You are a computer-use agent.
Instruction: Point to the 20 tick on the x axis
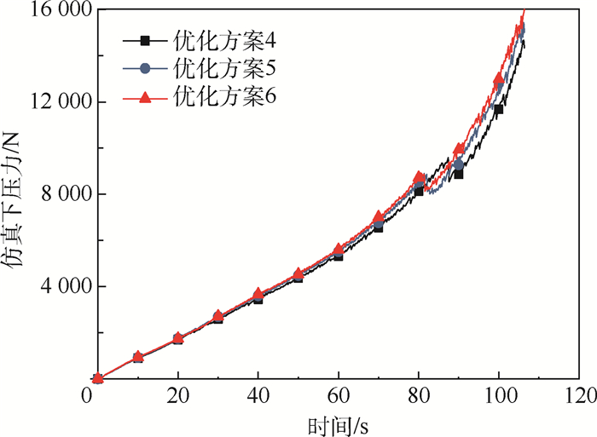[177, 398]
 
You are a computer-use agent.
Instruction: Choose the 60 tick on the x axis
[339, 398]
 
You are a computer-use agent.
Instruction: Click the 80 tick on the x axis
[419, 398]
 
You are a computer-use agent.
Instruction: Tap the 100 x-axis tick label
[499, 398]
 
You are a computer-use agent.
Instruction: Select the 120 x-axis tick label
[579, 398]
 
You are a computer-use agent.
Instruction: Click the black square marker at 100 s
[499, 109]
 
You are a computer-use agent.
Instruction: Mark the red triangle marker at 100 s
[499, 80]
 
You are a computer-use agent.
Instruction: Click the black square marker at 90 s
[459, 173]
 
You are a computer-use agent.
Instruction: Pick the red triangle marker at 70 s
[379, 216]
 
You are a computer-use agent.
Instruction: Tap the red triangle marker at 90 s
[459, 149]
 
